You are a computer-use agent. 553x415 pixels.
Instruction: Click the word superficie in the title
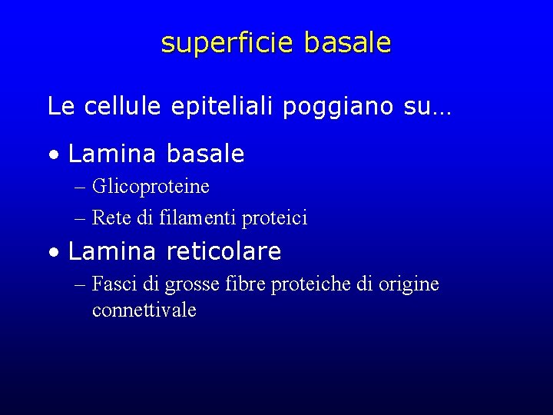coord(227,43)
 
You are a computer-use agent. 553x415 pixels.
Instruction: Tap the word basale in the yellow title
coord(347,43)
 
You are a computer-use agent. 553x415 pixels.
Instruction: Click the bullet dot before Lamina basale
coord(52,155)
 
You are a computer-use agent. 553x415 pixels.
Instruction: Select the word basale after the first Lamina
coord(205,154)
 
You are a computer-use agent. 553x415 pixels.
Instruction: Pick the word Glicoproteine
coord(151,187)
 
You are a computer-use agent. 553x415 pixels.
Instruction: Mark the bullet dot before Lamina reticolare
coord(52,252)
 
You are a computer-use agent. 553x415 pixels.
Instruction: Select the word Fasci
coord(115,284)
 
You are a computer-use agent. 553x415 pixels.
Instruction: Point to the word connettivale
coord(144,310)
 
